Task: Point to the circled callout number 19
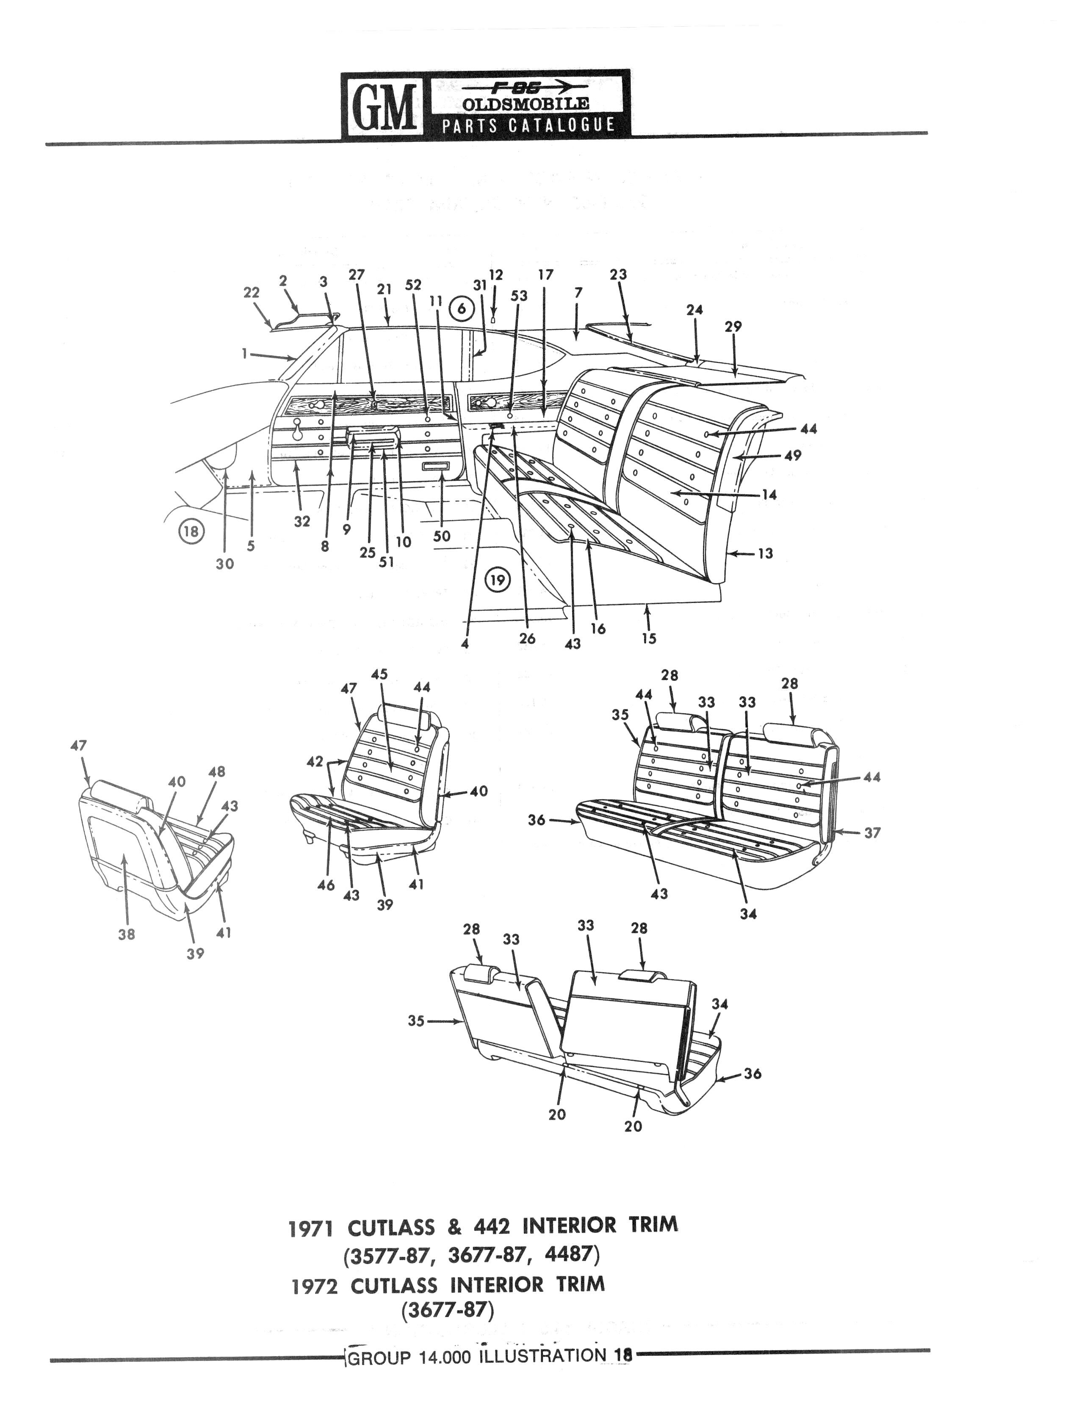pyautogui.click(x=496, y=581)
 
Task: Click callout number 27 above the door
pyautogui.click(x=357, y=275)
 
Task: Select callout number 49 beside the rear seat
pyautogui.click(x=793, y=455)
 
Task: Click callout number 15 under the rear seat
pyautogui.click(x=649, y=639)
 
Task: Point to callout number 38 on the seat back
pyautogui.click(x=127, y=935)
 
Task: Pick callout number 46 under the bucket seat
pyautogui.click(x=326, y=885)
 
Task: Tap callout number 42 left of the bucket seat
pyautogui.click(x=315, y=762)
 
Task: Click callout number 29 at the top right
pyautogui.click(x=733, y=326)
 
